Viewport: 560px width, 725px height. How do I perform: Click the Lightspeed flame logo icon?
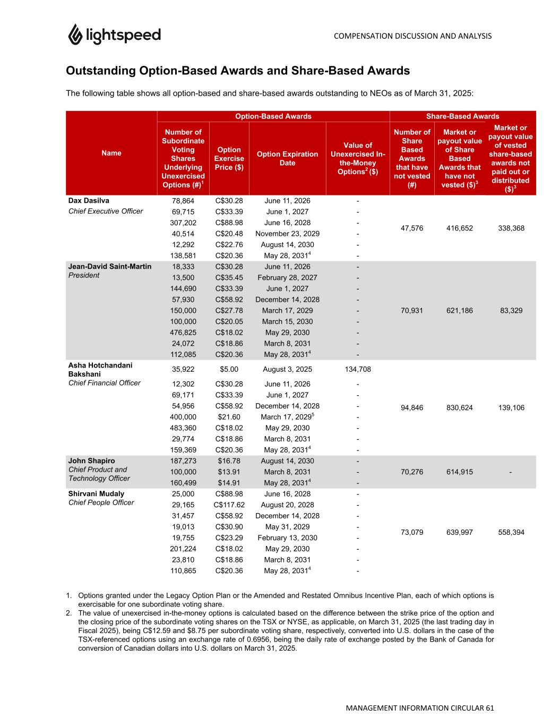[74, 35]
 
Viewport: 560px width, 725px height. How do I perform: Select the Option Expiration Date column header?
[287, 158]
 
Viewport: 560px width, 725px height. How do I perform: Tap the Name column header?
[111, 153]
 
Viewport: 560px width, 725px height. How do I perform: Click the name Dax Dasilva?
[89, 201]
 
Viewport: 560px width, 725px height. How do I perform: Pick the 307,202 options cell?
[183, 223]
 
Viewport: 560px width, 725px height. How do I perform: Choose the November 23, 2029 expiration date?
[287, 234]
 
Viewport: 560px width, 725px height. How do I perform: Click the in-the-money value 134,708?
[358, 369]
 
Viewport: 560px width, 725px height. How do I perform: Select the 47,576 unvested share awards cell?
[412, 228]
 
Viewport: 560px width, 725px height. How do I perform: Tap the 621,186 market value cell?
[460, 310]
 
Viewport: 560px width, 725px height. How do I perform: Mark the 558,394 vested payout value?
[511, 532]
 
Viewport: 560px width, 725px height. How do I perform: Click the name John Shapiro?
[91, 460]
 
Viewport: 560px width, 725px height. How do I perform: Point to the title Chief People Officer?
[101, 502]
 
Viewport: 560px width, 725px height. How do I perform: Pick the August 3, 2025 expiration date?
[287, 369]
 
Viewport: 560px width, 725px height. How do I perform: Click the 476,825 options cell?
[183, 332]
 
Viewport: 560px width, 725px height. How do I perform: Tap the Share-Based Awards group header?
[462, 116]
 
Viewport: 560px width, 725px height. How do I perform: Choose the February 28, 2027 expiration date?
[287, 277]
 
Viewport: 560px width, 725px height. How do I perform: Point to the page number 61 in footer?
[489, 708]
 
